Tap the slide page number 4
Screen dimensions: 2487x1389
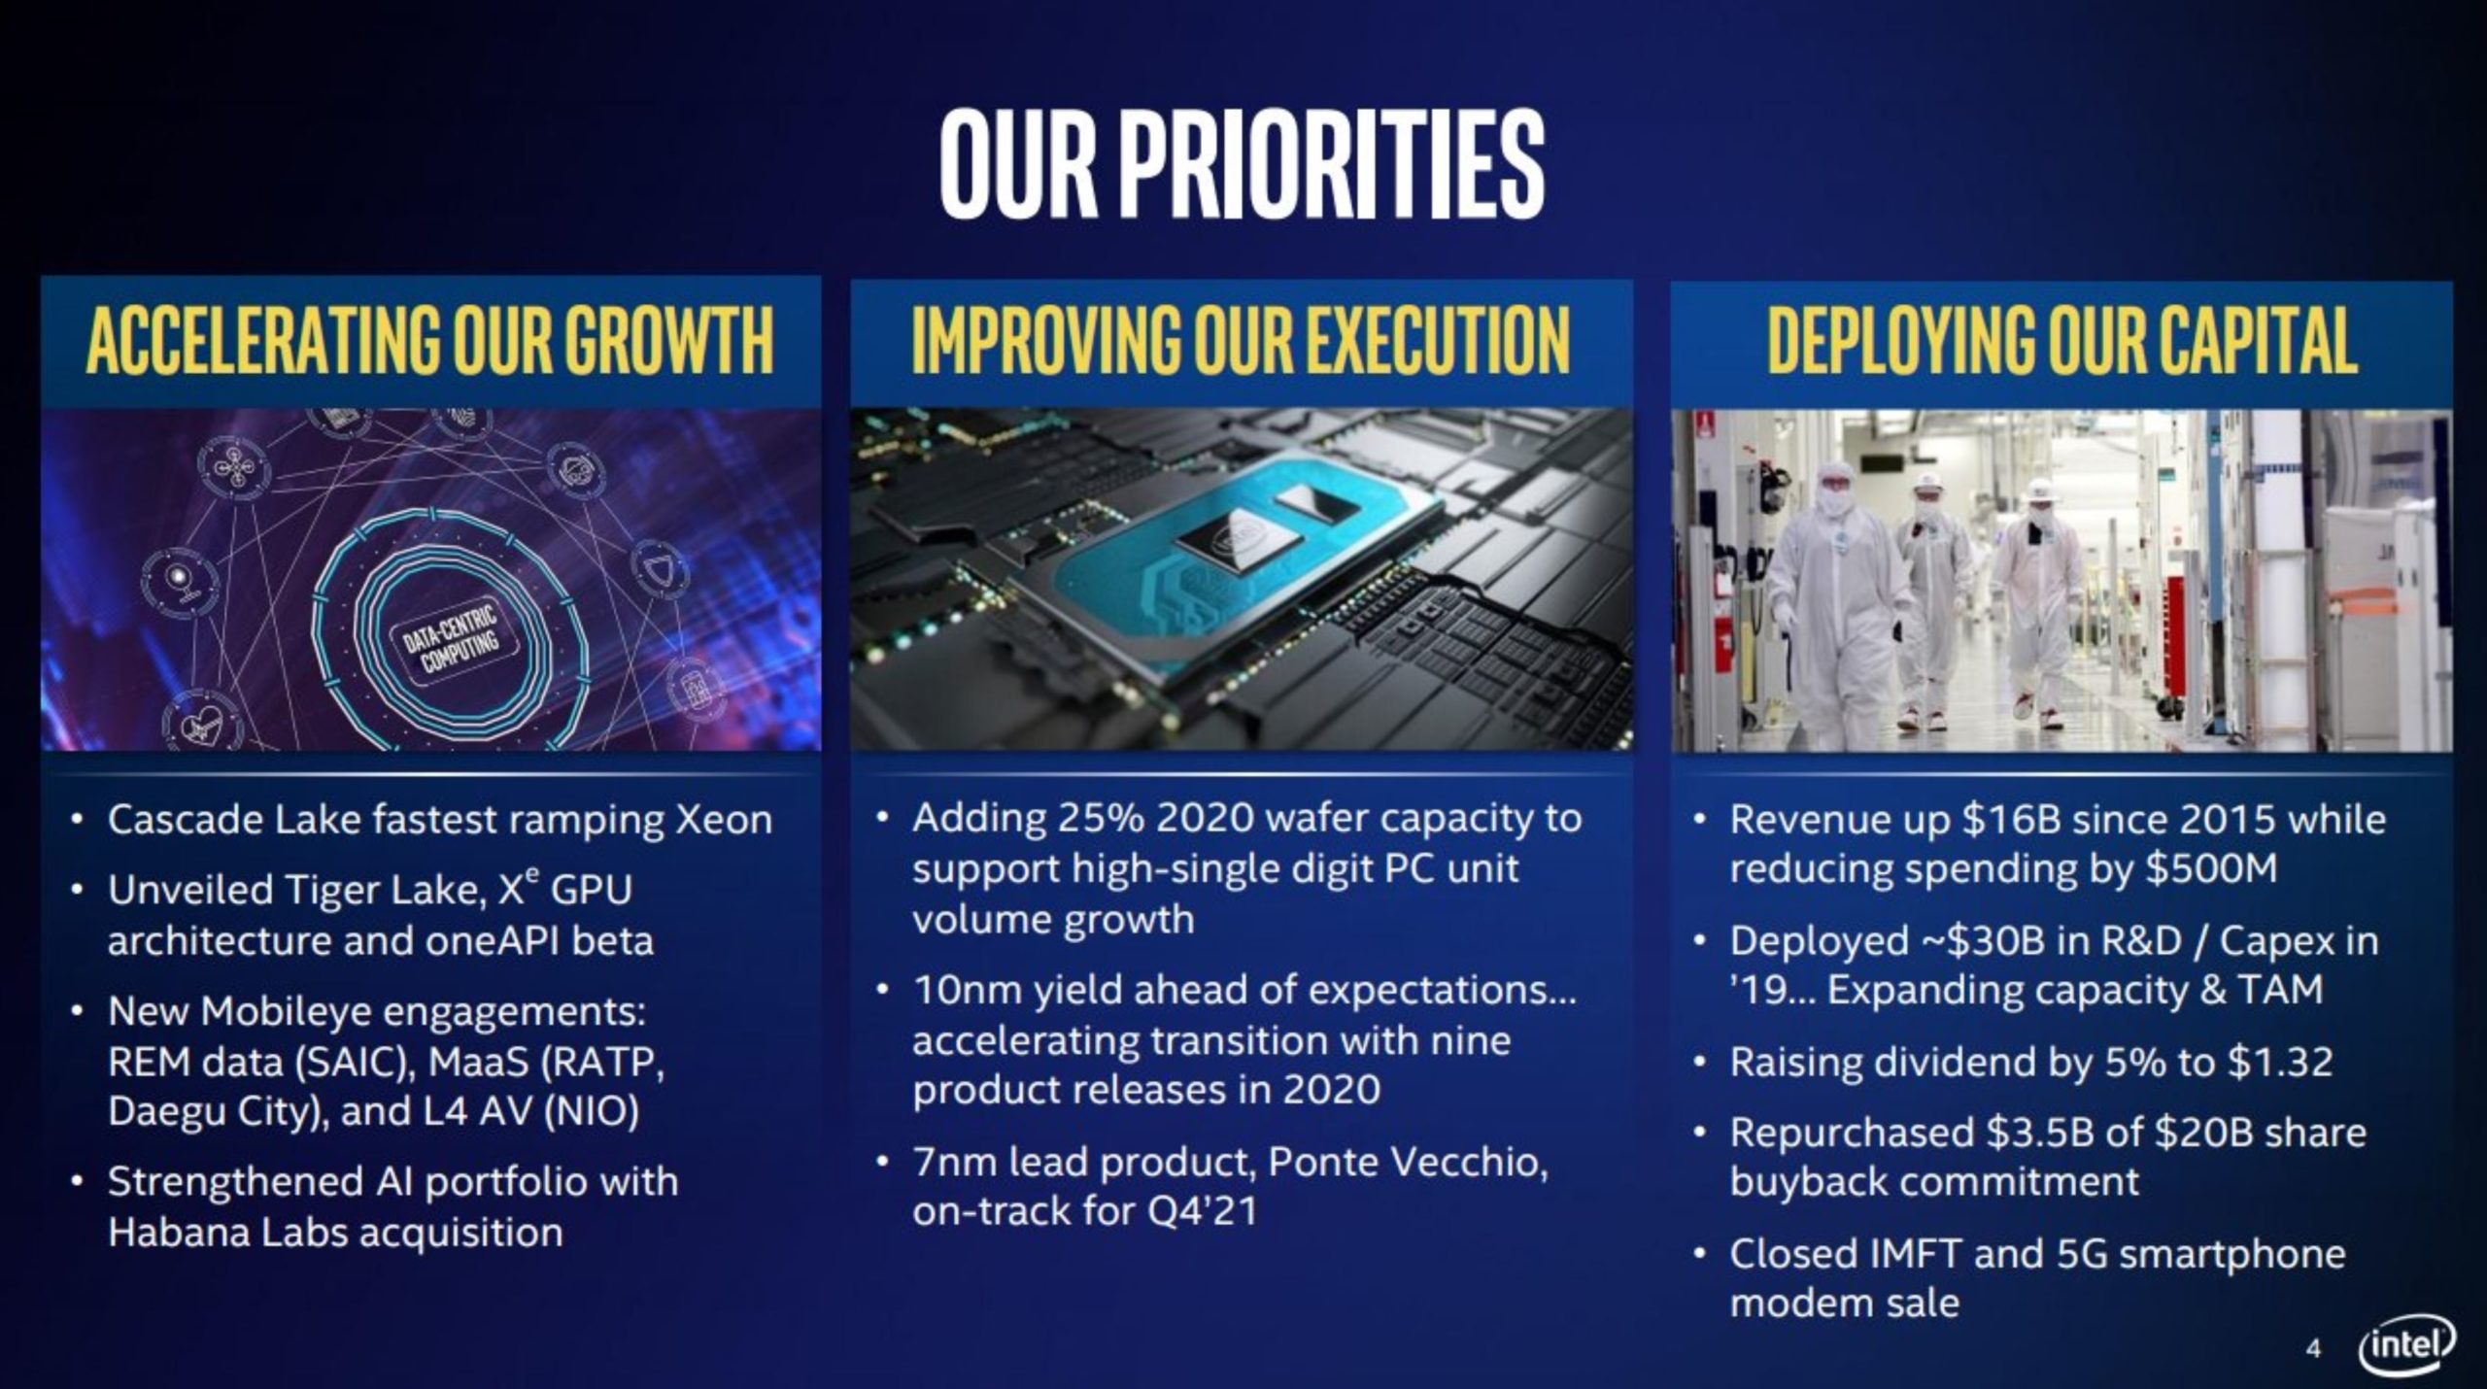click(x=2313, y=1348)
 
